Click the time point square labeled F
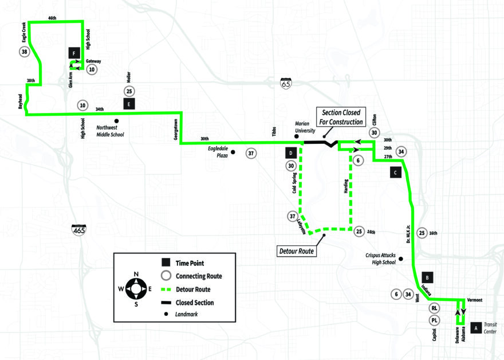point(74,53)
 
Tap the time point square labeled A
point(476,328)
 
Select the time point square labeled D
point(290,153)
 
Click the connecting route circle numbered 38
point(25,52)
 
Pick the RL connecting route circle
point(434,308)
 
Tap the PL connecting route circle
point(434,320)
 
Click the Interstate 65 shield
point(285,83)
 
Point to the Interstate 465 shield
point(79,229)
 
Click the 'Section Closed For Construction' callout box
point(341,117)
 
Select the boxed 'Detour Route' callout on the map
point(296,251)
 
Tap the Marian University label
point(305,127)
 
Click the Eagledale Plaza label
point(218,152)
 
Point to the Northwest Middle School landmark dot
point(116,121)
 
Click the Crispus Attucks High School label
point(380,259)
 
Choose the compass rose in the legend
point(136,288)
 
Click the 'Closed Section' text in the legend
point(195,303)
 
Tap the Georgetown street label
point(176,130)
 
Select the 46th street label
point(52,18)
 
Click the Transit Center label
point(490,328)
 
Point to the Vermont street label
point(475,300)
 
